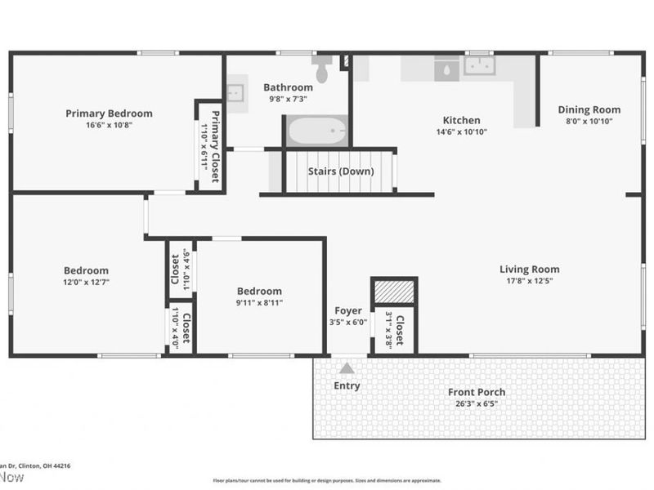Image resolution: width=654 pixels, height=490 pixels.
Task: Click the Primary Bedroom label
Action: point(109,114)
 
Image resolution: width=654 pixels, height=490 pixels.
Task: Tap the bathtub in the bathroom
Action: point(316,131)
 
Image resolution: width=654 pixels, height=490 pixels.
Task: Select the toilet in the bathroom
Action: point(321,70)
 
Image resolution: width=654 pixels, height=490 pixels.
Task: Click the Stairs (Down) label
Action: point(341,171)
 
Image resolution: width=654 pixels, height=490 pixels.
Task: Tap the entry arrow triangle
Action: point(347,367)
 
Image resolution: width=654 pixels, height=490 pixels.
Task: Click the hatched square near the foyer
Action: point(394,291)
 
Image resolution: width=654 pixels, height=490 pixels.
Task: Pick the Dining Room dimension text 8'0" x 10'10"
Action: point(589,121)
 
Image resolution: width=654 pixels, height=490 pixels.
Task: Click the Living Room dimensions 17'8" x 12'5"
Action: point(530,281)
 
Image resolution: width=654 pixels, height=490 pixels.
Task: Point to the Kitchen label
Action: point(462,120)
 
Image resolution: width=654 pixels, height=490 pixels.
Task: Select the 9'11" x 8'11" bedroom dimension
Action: point(260,302)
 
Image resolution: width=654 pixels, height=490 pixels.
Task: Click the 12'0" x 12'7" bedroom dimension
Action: point(87,282)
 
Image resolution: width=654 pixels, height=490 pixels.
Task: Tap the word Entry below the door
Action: point(347,386)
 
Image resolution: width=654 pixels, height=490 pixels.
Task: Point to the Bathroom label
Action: point(288,87)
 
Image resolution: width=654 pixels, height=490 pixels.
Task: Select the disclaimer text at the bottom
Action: point(327,480)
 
